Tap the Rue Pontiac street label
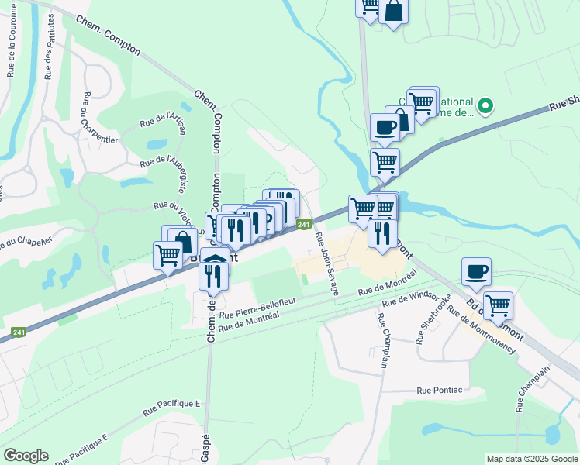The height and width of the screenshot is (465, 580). click(x=439, y=391)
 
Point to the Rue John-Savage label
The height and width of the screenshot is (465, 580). click(x=327, y=265)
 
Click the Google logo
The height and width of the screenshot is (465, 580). click(x=26, y=456)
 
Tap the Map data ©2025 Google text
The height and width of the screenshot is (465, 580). click(x=532, y=459)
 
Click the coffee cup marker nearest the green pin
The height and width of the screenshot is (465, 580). click(x=384, y=126)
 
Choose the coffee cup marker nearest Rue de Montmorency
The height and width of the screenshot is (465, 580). click(x=476, y=271)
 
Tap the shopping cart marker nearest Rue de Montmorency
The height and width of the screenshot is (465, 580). click(x=498, y=305)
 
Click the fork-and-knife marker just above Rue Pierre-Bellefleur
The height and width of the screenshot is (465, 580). click(x=212, y=275)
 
